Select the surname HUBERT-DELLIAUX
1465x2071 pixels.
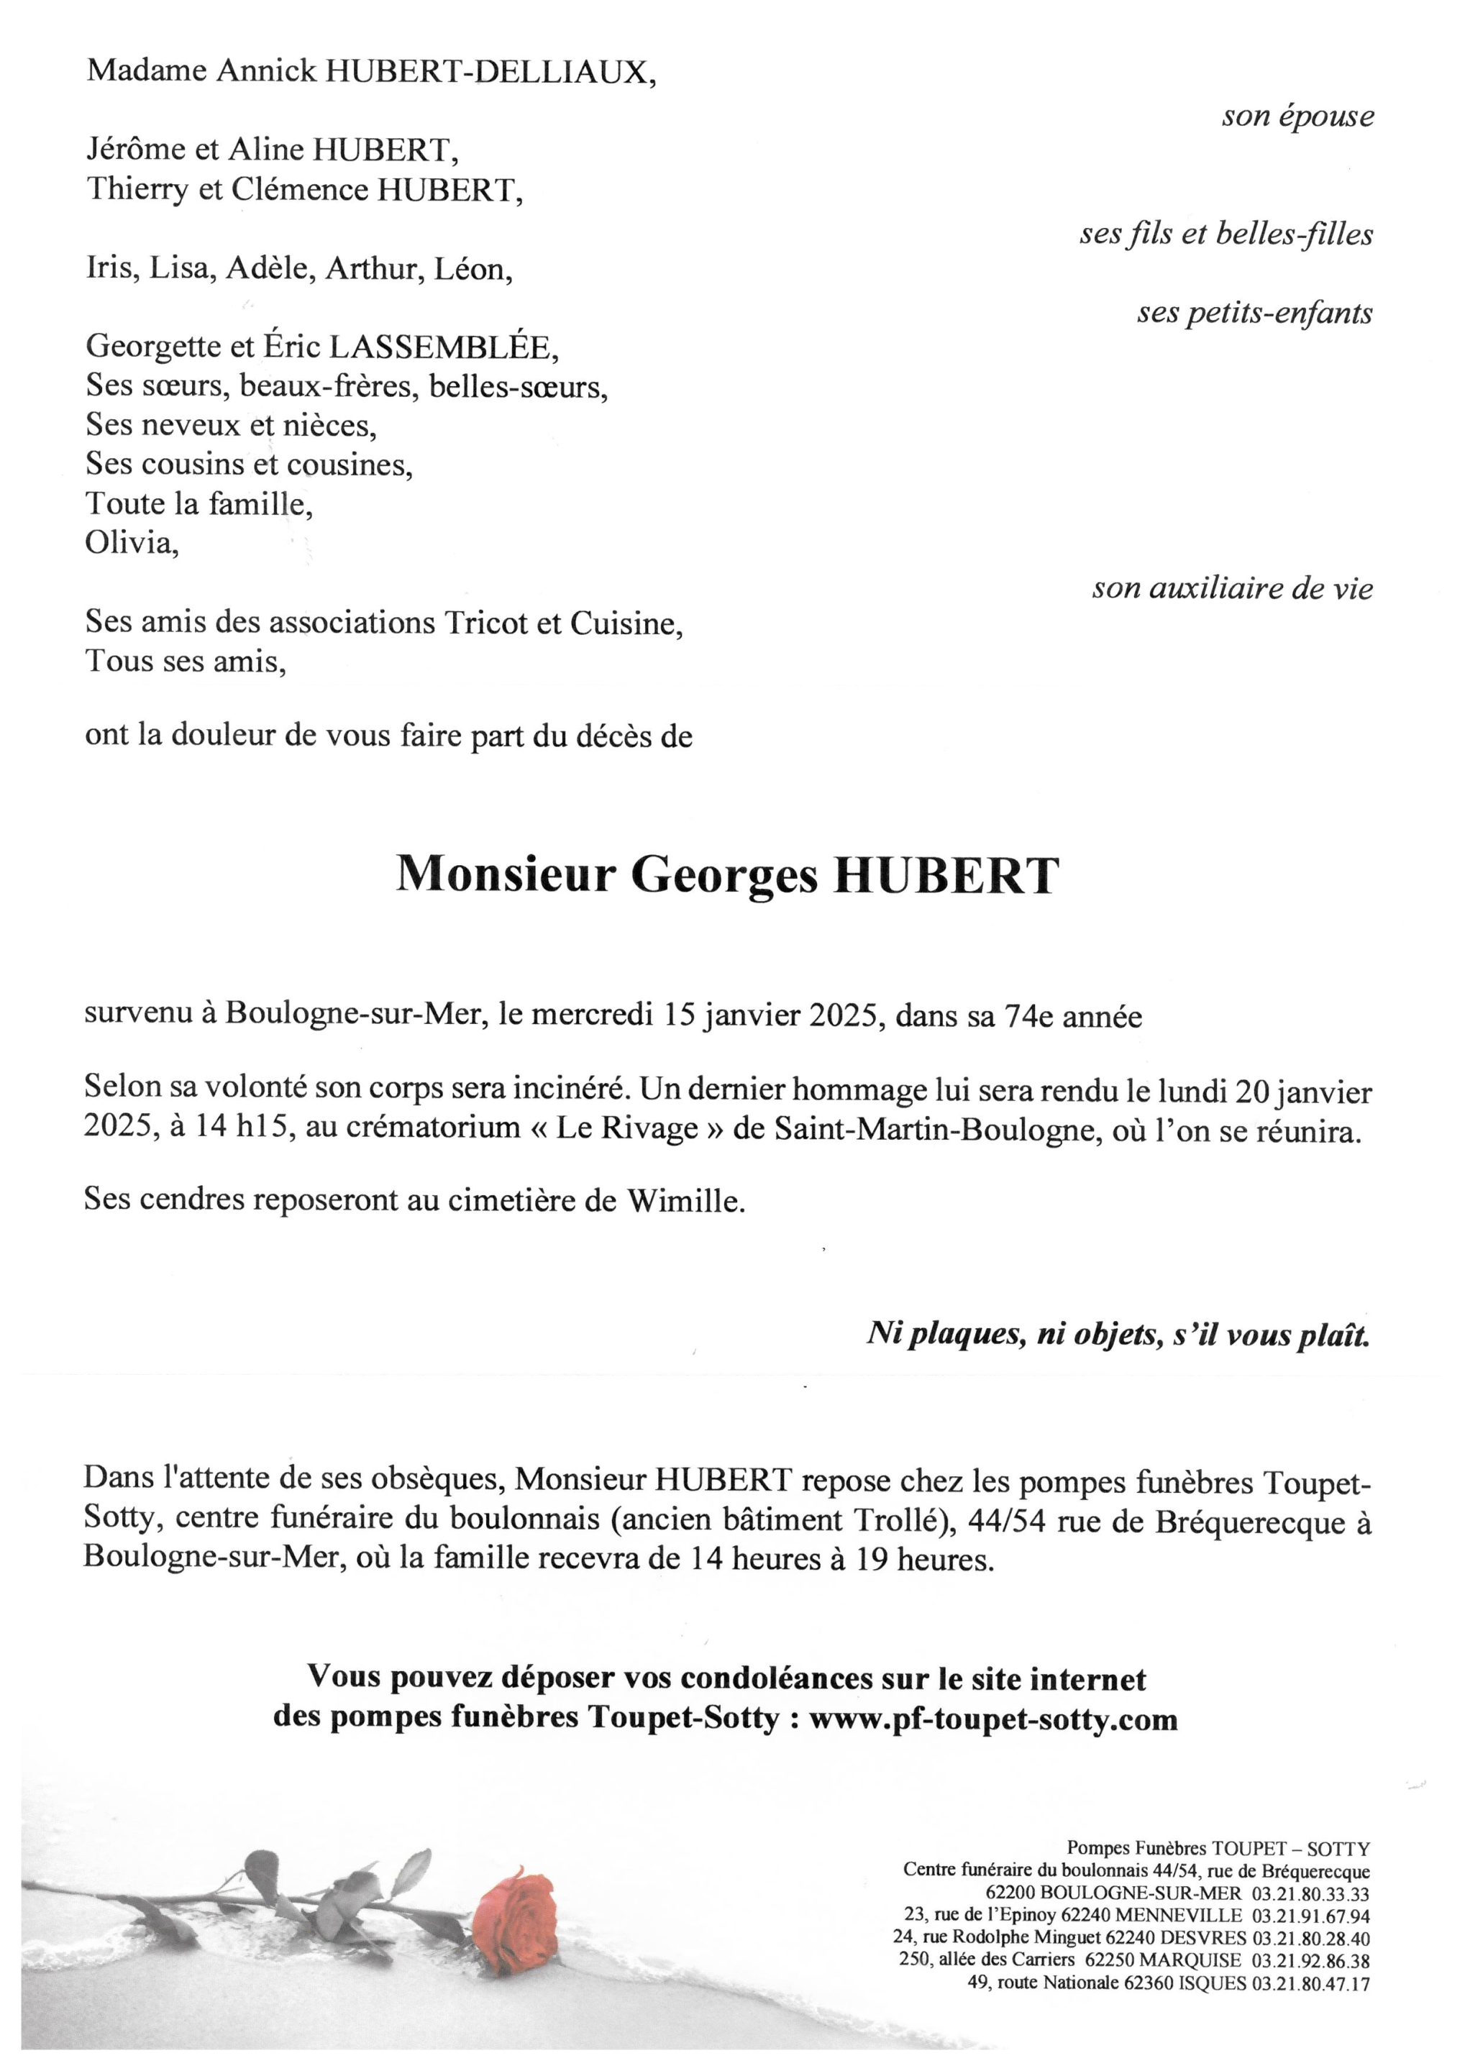485,71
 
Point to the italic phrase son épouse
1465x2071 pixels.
1297,116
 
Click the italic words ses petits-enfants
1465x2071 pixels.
1254,313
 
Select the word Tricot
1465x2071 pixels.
483,623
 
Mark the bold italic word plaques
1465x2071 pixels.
971,1335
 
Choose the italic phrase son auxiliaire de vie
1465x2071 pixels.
1232,589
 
